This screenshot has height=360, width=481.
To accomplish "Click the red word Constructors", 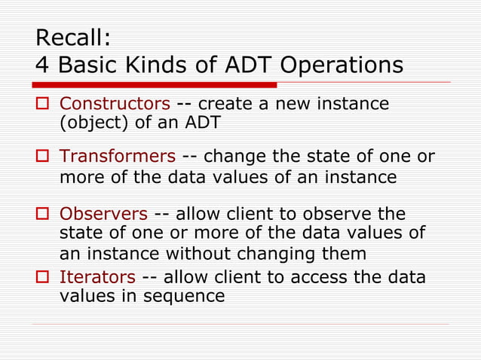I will tap(115, 103).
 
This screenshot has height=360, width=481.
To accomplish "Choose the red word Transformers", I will tap(118, 157).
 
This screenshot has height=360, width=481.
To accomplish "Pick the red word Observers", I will tap(103, 215).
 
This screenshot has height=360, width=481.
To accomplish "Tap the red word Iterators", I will tap(98, 277).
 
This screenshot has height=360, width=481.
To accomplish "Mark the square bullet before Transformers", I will tap(42, 157).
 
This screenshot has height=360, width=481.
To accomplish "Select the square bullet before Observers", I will tap(42, 215).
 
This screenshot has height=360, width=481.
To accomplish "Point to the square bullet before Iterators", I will tap(42, 278).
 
